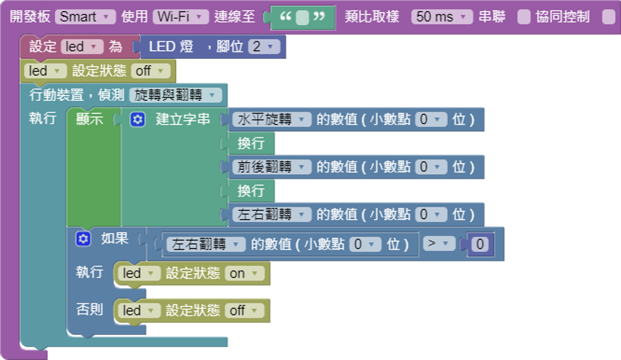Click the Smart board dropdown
(x=85, y=17)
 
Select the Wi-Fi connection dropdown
(x=181, y=17)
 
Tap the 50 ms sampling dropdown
(x=442, y=17)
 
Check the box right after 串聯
(x=524, y=17)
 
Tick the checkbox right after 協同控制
(x=608, y=17)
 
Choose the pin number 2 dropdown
(x=264, y=47)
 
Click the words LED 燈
(x=172, y=47)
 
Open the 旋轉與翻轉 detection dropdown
(x=175, y=95)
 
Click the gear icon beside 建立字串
(x=138, y=119)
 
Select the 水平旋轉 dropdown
(x=271, y=119)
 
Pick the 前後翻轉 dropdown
(x=271, y=167)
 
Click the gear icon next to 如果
(x=83, y=239)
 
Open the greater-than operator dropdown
(x=439, y=243)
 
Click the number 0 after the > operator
(x=481, y=244)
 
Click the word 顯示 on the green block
(x=90, y=119)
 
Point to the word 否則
(x=90, y=309)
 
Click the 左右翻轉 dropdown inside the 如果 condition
(x=206, y=244)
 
